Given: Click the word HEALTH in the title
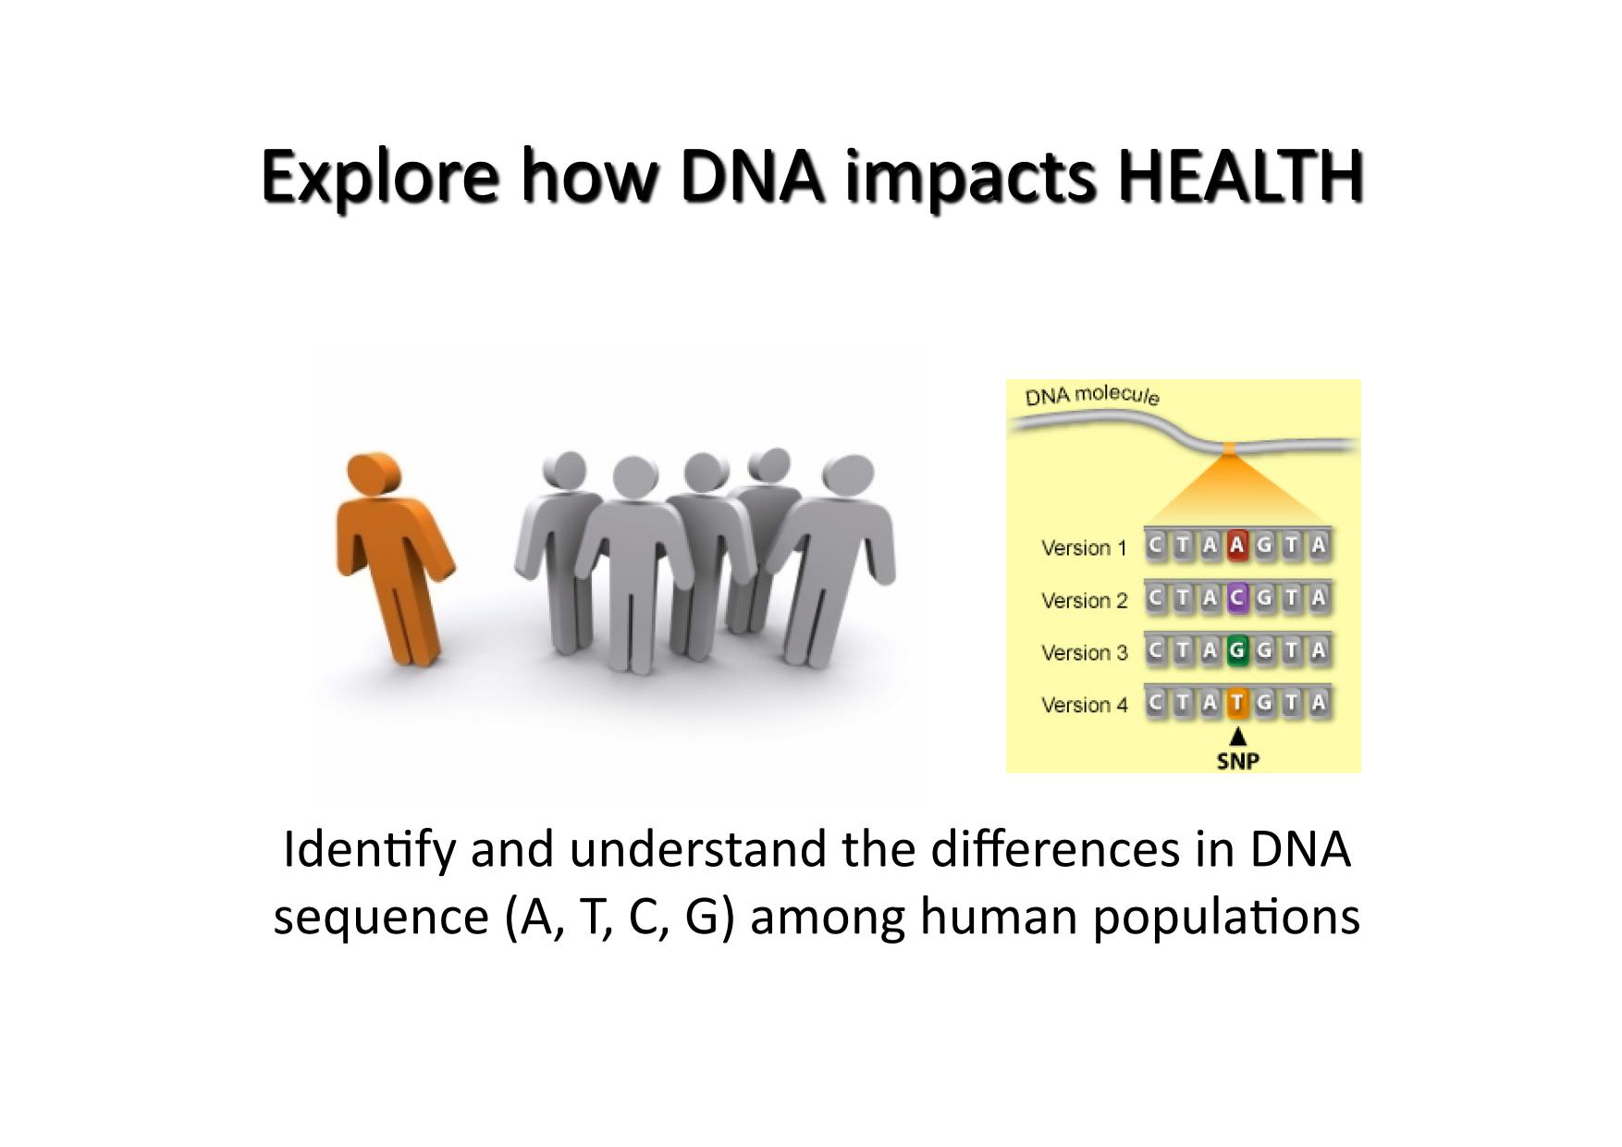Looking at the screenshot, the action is (x=1240, y=176).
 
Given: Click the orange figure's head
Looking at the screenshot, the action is (x=374, y=475).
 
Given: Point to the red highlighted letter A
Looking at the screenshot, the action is (x=1237, y=545).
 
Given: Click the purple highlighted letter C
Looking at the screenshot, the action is (x=1237, y=598).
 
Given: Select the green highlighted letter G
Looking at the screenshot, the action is (x=1237, y=650).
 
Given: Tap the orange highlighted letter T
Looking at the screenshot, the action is (x=1237, y=703).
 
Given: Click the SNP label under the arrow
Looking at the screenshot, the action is (x=1238, y=761).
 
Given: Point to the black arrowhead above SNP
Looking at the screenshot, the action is (x=1237, y=737).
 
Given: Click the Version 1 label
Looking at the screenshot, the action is (x=1084, y=548).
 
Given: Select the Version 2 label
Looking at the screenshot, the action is (x=1084, y=600).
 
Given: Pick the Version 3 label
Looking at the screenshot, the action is (x=1084, y=652).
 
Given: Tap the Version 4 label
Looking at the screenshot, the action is (x=1084, y=705).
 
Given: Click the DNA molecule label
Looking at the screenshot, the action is (x=1091, y=395).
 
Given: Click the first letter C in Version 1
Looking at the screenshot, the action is (x=1155, y=545).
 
